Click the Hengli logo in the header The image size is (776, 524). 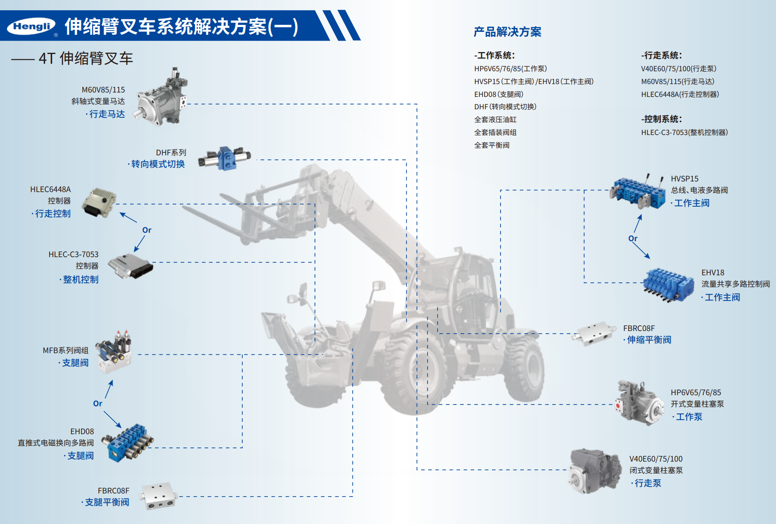(31, 27)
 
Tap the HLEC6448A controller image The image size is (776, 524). (99, 202)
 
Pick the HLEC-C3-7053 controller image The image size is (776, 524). (131, 266)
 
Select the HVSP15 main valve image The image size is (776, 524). (638, 192)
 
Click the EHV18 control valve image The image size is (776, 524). (668, 285)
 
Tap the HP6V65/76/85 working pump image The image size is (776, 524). (639, 402)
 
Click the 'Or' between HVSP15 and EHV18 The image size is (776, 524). (633, 239)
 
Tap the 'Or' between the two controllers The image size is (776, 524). (147, 230)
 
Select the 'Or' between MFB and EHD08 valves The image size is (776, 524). (97, 404)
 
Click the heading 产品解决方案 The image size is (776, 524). (508, 32)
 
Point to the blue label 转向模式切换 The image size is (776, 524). (158, 164)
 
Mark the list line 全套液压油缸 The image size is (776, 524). (495, 119)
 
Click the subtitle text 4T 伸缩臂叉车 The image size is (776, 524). (85, 58)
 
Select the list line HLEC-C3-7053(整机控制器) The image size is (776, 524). (684, 132)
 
